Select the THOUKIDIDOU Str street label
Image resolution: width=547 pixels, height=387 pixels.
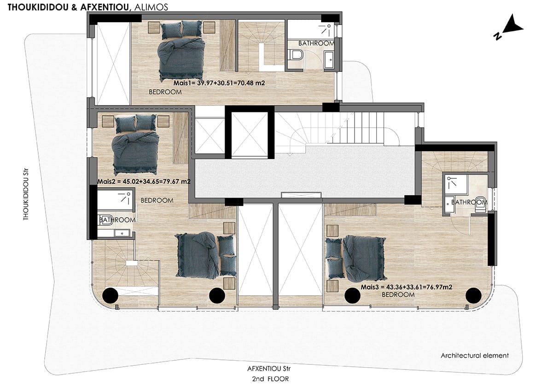[26, 195]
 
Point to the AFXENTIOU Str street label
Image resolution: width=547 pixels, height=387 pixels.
[268, 369]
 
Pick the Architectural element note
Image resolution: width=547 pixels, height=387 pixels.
[475, 356]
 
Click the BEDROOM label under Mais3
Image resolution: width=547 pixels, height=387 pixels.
[398, 295]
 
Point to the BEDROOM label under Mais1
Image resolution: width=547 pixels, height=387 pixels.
[165, 92]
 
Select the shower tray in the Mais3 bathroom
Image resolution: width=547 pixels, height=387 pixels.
[455, 184]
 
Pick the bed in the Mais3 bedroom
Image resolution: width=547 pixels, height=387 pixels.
[356, 258]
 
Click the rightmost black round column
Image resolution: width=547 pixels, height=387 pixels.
[473, 296]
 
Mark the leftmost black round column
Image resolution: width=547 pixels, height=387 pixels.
[111, 296]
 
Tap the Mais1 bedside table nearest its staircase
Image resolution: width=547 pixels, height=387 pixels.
[209, 27]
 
